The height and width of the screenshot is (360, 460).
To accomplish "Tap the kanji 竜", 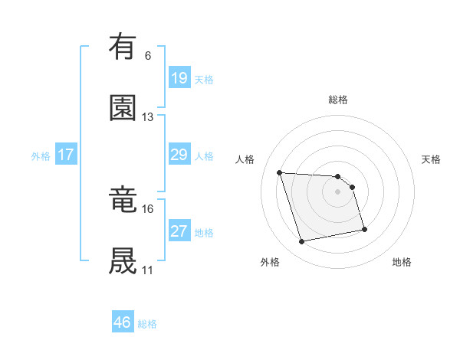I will pos(123,200).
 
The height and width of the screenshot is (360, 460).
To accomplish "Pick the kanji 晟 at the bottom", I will pos(123,261).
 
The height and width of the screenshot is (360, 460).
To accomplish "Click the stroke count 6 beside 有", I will pos(148,56).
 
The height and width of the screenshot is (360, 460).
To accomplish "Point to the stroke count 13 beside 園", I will pos(148,117).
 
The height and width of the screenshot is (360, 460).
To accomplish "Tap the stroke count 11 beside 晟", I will pos(148,270).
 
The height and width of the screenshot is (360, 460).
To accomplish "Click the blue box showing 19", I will pos(179,78).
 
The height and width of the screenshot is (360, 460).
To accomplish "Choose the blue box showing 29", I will pos(179,155).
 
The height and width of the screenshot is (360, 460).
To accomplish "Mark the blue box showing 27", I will pos(179,232).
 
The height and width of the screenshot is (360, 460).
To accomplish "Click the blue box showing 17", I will pos(66,155).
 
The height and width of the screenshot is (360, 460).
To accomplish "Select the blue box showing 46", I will pos(123,323).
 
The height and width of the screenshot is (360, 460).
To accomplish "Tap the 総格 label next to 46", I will pos(147,324).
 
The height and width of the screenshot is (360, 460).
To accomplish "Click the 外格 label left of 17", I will pos(41,156).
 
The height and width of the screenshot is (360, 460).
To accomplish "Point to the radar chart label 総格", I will pos(338,100).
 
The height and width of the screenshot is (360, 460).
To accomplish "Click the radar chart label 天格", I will pos(432,159).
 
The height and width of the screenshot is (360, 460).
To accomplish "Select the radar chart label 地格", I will pos(402,262).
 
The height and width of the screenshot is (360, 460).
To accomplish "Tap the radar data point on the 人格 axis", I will pos(280,172).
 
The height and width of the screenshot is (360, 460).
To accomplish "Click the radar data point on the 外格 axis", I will pos(302,242).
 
